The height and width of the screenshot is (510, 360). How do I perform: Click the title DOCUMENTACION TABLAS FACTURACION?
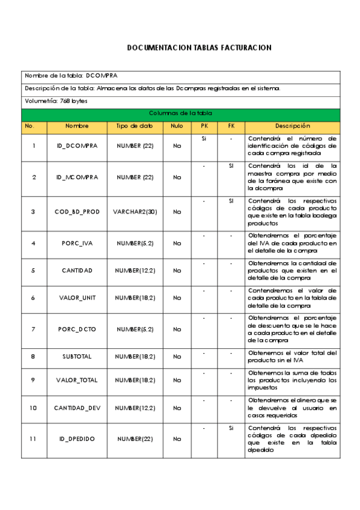(200, 48)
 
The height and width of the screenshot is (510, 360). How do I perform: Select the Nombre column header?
(77, 126)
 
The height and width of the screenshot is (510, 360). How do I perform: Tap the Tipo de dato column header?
(135, 126)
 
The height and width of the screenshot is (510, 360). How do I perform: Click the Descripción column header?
(292, 126)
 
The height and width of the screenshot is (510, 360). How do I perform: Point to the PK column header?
(204, 126)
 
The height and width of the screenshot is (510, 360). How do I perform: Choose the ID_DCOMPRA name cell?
(77, 146)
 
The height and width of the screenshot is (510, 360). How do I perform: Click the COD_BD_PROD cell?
(77, 212)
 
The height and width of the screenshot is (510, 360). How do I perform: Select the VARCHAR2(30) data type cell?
(135, 212)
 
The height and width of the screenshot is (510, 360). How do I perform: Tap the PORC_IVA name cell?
(77, 244)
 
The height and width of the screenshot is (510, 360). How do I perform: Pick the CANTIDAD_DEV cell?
(77, 408)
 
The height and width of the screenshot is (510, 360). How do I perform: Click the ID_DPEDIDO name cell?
(77, 439)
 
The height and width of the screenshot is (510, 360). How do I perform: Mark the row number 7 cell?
(34, 329)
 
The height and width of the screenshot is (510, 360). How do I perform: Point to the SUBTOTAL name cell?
(77, 357)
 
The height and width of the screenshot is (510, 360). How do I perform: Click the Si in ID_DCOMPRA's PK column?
(204, 138)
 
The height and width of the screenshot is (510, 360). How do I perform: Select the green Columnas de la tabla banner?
(180, 113)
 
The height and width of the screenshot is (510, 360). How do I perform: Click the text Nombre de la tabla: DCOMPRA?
(71, 76)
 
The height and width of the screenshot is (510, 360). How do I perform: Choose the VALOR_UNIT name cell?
(77, 298)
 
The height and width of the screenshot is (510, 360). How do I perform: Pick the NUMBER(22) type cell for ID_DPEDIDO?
(135, 439)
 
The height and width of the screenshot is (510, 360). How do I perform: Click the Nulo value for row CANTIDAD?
(177, 271)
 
